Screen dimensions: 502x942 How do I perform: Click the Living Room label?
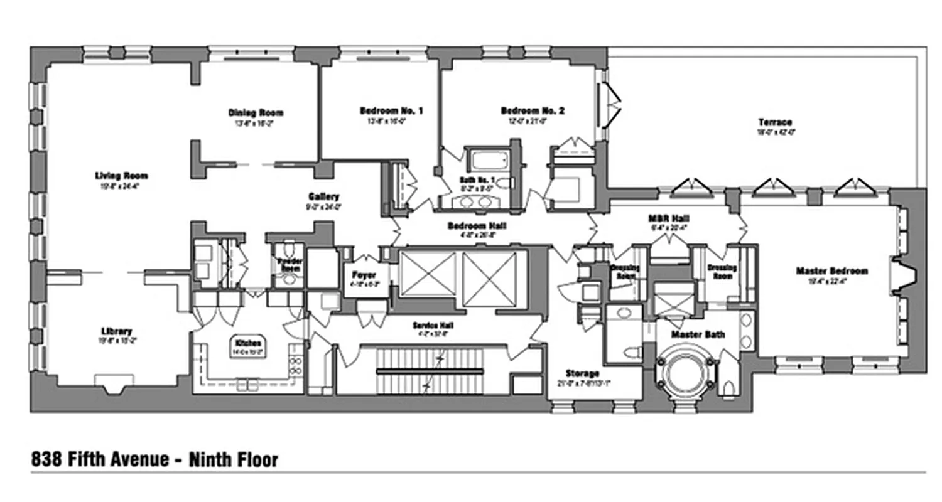click(121, 176)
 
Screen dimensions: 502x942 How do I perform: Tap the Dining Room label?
click(256, 113)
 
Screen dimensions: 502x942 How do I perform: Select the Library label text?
click(116, 331)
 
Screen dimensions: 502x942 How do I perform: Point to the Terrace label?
click(774, 122)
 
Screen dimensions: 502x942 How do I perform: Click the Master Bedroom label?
click(831, 271)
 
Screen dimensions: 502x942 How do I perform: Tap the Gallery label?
click(323, 196)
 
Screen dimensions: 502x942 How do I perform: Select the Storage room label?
click(582, 374)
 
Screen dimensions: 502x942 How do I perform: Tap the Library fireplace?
click(114, 383)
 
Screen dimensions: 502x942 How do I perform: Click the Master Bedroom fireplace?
click(902, 271)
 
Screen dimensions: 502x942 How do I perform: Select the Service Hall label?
click(433, 326)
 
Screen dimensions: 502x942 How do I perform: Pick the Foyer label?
click(364, 274)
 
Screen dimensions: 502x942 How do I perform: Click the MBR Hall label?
click(664, 219)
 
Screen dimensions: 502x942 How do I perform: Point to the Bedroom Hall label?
click(477, 226)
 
